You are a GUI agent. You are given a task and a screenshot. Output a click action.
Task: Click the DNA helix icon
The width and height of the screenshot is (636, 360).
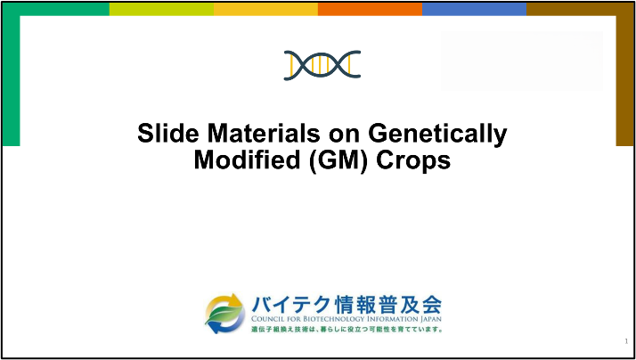pos(322,65)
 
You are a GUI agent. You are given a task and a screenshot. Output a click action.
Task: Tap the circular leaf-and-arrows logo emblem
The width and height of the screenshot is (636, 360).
pos(224,314)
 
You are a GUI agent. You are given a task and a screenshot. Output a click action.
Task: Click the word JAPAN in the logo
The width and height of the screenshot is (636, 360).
pos(430,319)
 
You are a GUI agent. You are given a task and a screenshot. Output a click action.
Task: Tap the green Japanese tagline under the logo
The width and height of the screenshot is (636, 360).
pos(347,329)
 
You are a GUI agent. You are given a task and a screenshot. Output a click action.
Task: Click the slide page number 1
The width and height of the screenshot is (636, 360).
pos(626,341)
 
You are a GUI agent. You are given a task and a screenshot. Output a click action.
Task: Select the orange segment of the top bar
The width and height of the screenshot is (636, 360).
pos(370,9)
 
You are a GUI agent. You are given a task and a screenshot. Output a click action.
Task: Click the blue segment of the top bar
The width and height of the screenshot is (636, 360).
pos(474,9)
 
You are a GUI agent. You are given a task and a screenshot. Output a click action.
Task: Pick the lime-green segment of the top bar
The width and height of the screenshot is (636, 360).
pos(161,9)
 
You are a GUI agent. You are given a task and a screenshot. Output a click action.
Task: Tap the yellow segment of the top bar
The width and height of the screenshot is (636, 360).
pos(265,9)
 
